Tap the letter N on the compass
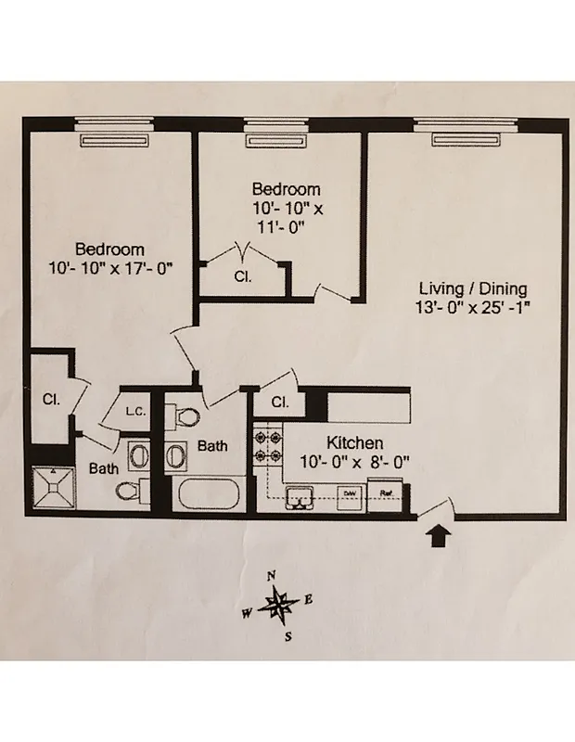pos(272,576)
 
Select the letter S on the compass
pos(288,636)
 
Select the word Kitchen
pos(354,443)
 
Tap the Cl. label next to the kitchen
pos(280,402)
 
